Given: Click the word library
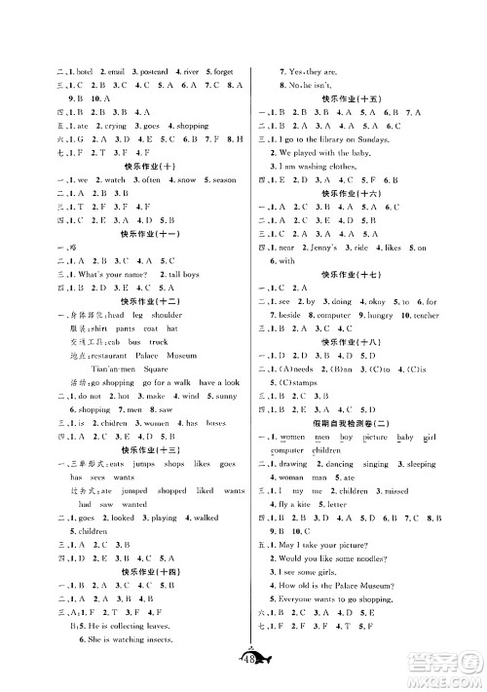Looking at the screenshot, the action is pos(342,139).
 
